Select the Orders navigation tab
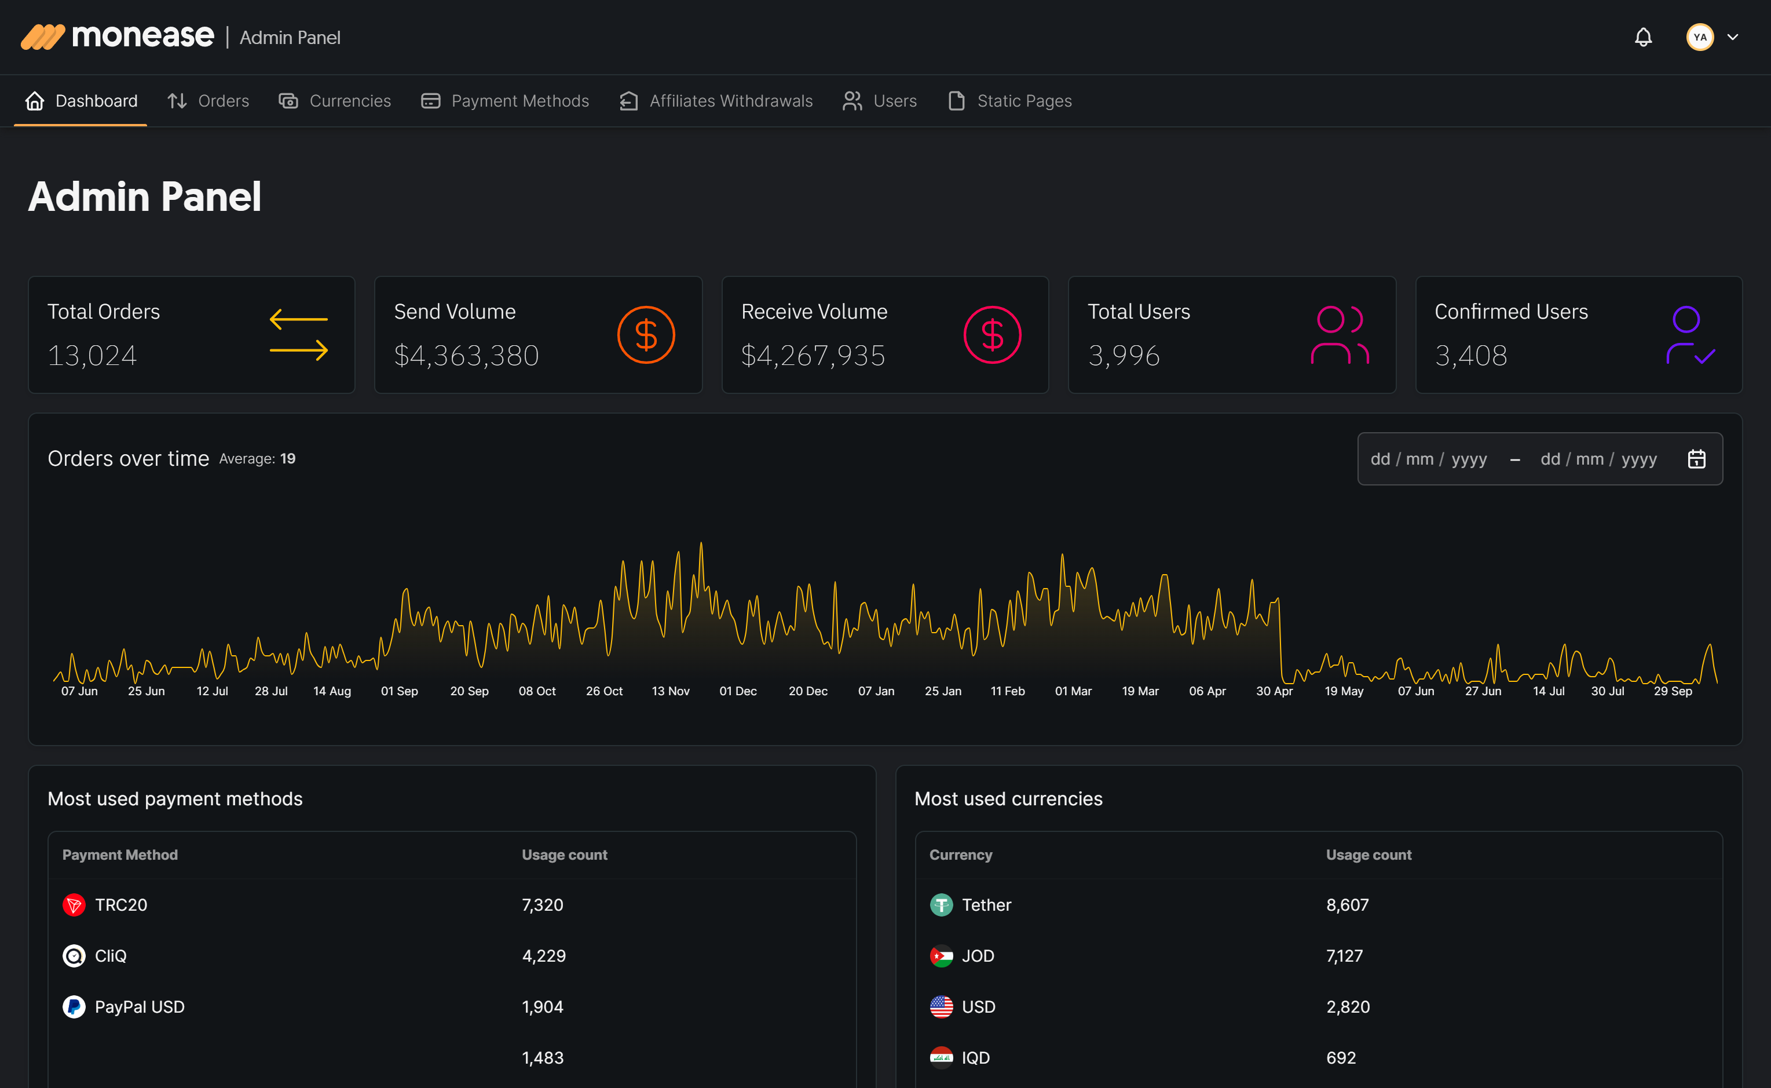pyautogui.click(x=208, y=101)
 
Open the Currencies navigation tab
pyautogui.click(x=335, y=101)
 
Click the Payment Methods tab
pyautogui.click(x=505, y=101)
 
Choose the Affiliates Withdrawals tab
pyautogui.click(x=716, y=101)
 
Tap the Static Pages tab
pyautogui.click(x=1010, y=101)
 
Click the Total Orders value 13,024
pyautogui.click(x=92, y=356)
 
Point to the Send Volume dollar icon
pyautogui.click(x=646, y=335)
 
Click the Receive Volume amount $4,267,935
pyautogui.click(x=813, y=356)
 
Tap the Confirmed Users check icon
pyautogui.click(x=1690, y=335)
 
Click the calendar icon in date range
pyautogui.click(x=1696, y=459)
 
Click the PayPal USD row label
pyautogui.click(x=140, y=1007)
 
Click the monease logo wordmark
pyautogui.click(x=142, y=36)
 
